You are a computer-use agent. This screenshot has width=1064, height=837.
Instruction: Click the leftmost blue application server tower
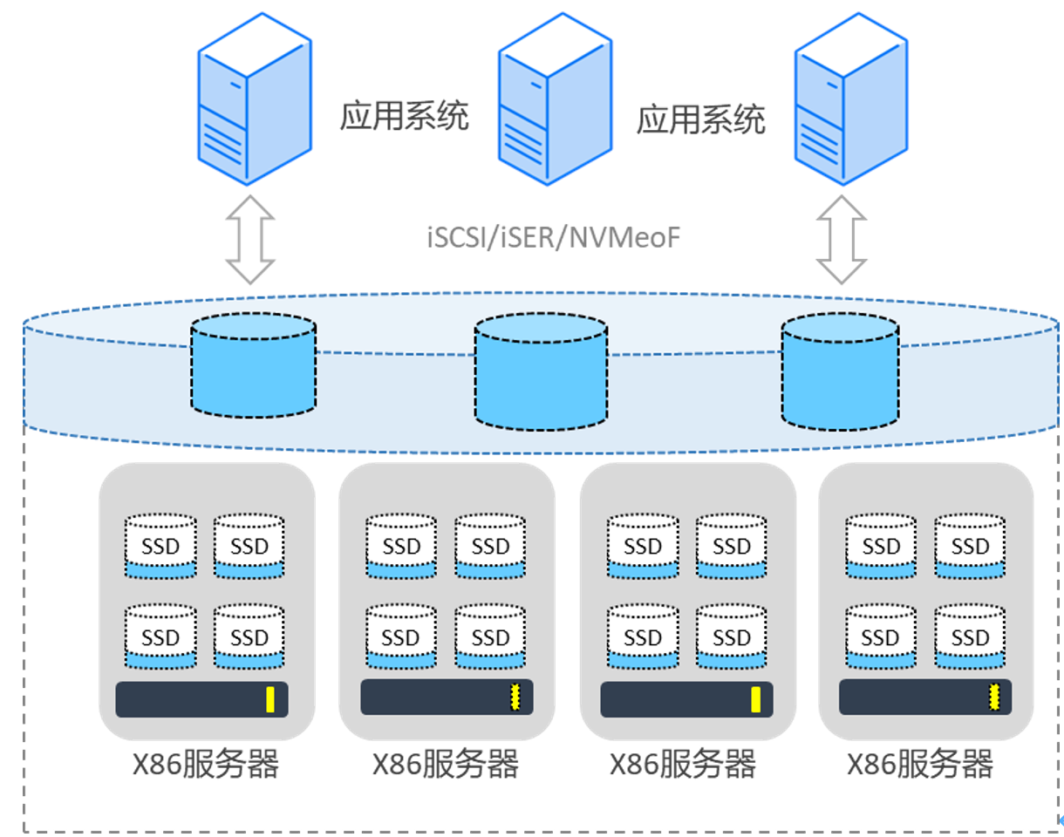[x=255, y=99]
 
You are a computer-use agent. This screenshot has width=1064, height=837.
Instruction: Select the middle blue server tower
[x=556, y=99]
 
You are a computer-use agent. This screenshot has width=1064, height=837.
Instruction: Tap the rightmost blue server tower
[x=851, y=99]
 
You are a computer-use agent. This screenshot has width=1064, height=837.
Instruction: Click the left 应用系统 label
[x=404, y=116]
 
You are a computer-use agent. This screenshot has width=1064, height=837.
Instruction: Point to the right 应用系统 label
[x=700, y=119]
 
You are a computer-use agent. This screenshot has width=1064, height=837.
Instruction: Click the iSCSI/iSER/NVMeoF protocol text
[x=553, y=238]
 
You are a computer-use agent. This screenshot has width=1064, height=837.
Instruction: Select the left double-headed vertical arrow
[x=250, y=239]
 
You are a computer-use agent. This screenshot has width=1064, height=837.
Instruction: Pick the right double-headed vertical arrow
[x=841, y=239]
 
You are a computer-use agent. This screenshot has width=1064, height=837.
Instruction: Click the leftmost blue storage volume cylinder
[x=254, y=364]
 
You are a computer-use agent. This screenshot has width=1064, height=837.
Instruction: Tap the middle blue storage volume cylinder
[x=541, y=371]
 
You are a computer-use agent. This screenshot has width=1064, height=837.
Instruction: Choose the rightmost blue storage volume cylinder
[x=840, y=371]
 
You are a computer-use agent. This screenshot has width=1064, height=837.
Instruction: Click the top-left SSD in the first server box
[x=160, y=546]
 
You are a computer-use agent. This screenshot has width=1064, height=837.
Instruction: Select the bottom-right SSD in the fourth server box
[x=970, y=636]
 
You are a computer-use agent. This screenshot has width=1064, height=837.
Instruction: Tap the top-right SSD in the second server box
[x=490, y=546]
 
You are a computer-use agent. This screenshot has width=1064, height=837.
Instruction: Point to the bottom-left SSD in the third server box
[x=643, y=636]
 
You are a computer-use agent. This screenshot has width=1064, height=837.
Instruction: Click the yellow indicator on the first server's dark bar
[x=270, y=699]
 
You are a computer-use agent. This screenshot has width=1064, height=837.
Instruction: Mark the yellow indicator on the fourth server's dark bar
[x=993, y=697]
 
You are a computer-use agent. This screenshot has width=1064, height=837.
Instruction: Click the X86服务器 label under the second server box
[x=446, y=764]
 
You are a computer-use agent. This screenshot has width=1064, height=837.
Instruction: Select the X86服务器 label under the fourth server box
[x=920, y=764]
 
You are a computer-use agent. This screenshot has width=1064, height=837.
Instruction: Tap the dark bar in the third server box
[x=686, y=699]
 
